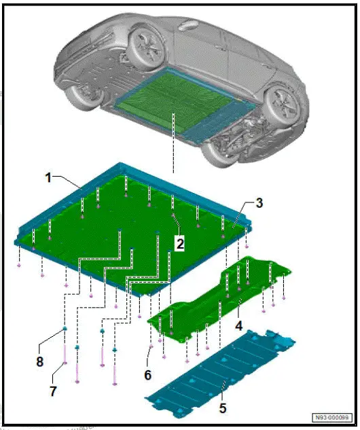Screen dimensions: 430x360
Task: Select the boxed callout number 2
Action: coord(180,241)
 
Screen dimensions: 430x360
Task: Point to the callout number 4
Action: coord(239,326)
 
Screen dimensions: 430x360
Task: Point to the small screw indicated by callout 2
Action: coord(174,215)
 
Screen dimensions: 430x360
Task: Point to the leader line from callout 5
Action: coord(221,394)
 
